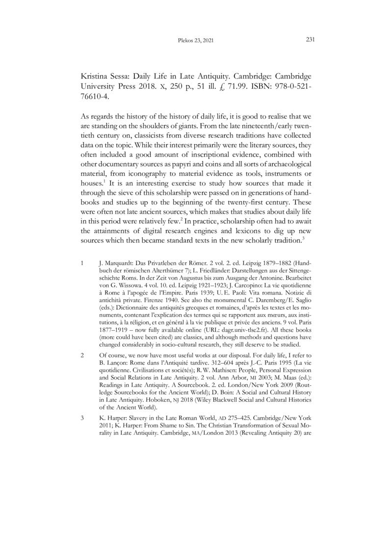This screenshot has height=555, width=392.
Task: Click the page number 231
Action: pyautogui.click(x=310, y=40)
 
